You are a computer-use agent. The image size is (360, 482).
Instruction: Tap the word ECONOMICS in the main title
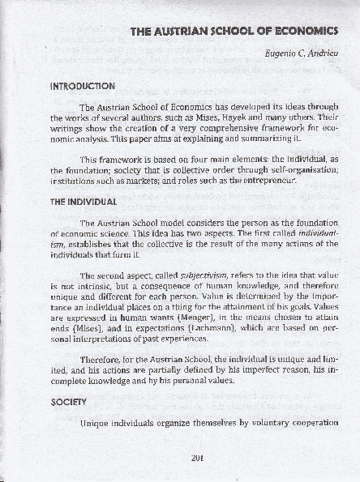[298, 32]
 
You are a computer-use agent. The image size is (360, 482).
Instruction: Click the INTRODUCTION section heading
[84, 86]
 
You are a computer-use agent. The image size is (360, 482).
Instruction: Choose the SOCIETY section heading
[68, 402]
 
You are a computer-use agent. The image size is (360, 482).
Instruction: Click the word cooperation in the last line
[306, 423]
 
